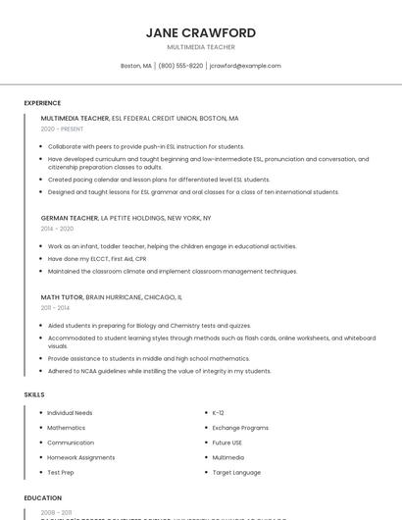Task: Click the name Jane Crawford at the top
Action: click(x=201, y=32)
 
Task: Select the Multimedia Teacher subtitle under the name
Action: click(x=201, y=46)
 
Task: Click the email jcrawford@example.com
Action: click(x=245, y=66)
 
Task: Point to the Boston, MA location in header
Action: click(x=135, y=66)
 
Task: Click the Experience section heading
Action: click(x=42, y=103)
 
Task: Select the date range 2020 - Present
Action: click(x=62, y=129)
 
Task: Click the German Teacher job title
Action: click(x=70, y=218)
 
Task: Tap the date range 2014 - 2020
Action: click(x=57, y=228)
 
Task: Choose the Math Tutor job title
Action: click(x=62, y=296)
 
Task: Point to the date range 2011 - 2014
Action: click(x=55, y=307)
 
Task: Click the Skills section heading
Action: click(x=34, y=394)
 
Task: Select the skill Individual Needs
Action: click(x=70, y=413)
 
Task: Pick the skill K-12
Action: click(x=218, y=413)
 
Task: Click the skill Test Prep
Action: click(x=60, y=472)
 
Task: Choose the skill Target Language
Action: click(x=236, y=472)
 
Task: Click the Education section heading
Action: click(x=42, y=498)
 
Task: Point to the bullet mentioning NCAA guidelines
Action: click(x=159, y=371)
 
